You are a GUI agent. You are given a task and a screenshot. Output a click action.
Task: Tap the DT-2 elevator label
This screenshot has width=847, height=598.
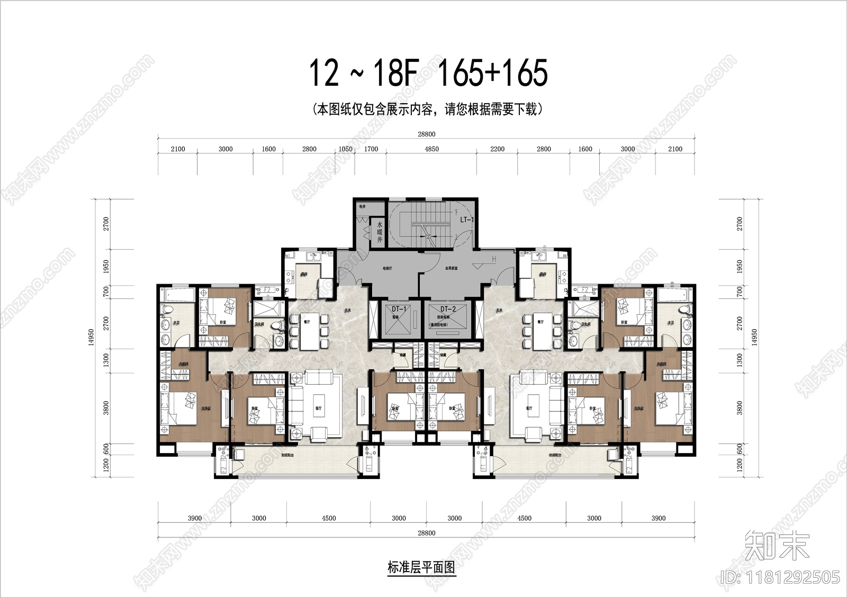447,309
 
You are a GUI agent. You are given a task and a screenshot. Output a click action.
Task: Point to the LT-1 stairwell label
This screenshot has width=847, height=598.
466,219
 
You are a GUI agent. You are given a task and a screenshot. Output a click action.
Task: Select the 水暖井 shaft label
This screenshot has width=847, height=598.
379,232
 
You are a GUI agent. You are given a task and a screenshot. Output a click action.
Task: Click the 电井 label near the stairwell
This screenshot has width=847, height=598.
363,206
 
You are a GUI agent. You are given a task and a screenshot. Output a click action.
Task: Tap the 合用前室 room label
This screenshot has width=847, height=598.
451,268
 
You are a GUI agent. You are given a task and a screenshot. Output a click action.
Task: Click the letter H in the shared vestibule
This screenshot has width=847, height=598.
493,259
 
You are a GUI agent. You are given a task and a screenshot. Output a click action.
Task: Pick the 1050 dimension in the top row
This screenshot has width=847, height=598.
345,149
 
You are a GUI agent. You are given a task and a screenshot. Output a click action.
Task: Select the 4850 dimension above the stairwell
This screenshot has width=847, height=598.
431,149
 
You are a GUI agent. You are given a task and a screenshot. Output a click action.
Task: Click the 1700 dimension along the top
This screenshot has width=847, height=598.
371,149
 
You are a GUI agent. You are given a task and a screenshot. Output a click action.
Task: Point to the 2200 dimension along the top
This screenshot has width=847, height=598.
497,149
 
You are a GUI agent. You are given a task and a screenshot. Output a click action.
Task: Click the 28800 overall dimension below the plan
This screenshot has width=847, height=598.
426,533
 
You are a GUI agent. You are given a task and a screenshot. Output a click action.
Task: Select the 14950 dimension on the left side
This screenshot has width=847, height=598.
91,338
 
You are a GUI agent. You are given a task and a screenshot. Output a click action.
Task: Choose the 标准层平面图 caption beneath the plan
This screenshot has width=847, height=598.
421,568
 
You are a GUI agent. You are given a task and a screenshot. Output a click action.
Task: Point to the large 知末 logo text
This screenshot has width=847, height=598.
777,547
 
